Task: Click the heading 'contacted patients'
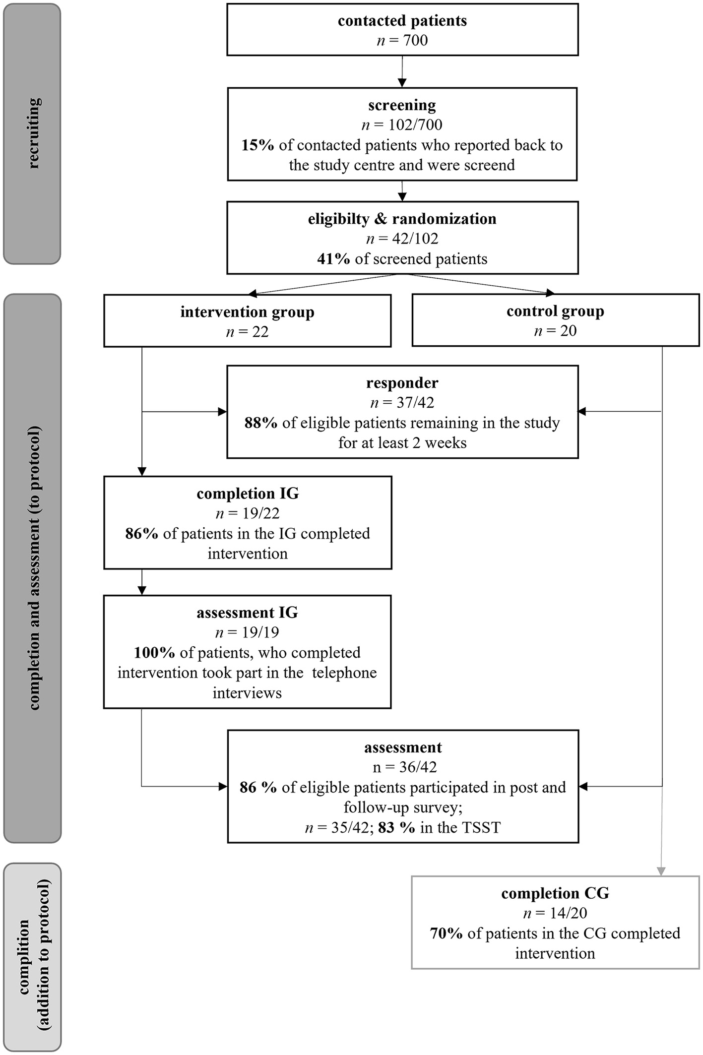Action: pos(402,21)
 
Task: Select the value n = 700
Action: pos(402,40)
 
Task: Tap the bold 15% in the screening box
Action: pos(257,145)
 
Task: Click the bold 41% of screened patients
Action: pos(333,259)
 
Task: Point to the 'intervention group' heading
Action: pos(247,312)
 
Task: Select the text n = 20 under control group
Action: pos(555,331)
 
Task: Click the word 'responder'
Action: pos(402,383)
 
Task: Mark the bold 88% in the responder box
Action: pos(261,423)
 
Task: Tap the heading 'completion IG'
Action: pos(248,494)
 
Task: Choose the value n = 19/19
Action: pos(247,632)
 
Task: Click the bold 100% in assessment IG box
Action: pos(154,653)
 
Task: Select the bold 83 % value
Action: pos(396,828)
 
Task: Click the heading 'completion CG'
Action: pos(555,893)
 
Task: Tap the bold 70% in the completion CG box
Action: pos(446,933)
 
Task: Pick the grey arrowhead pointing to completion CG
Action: pos(661,870)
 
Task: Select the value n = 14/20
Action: pos(555,913)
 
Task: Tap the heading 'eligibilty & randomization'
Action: pos(402,219)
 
